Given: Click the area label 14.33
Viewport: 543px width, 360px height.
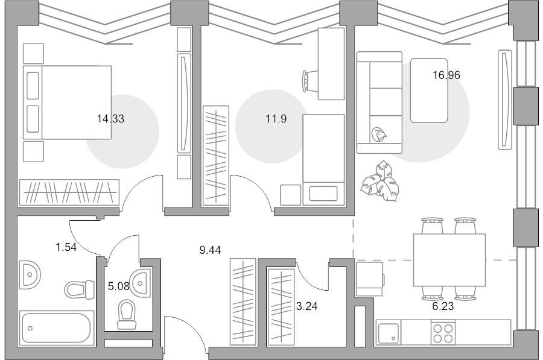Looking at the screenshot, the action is (x=110, y=119).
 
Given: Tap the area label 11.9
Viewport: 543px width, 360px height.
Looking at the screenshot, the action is (x=276, y=119).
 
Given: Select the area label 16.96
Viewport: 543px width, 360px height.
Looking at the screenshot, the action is (x=446, y=75).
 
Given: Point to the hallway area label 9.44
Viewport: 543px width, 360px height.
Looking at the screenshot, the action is (x=210, y=250).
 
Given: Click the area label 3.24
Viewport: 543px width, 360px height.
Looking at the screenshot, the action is (x=307, y=306).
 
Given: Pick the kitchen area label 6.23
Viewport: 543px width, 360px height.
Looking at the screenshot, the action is (x=443, y=306).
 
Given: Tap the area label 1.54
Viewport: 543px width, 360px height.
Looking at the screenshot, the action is (x=66, y=247).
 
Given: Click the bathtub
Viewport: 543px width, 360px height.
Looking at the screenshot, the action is (x=57, y=328).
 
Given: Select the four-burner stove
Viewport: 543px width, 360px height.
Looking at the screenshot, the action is (x=443, y=333).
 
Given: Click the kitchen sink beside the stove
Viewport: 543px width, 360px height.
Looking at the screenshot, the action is (x=388, y=333).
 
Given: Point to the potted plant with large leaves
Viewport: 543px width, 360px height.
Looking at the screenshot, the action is (x=380, y=181).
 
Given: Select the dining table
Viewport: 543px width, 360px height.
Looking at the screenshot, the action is (x=449, y=260).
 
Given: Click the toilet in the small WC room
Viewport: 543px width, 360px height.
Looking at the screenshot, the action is (x=127, y=314).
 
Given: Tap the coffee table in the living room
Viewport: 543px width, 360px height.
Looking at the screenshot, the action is (x=429, y=90).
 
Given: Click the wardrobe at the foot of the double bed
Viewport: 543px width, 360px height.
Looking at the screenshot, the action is (x=69, y=192).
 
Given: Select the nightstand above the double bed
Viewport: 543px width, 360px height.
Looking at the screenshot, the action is (x=33, y=53).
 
